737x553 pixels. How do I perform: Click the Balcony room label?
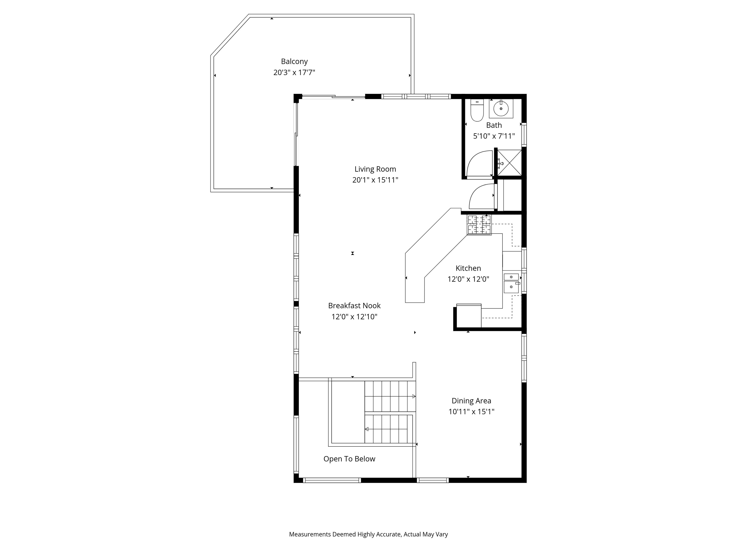pyautogui.click(x=294, y=61)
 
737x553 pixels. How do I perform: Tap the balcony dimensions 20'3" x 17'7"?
pyautogui.click(x=294, y=72)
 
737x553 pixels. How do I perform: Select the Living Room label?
pyautogui.click(x=375, y=169)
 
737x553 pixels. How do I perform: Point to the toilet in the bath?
pyautogui.click(x=477, y=111)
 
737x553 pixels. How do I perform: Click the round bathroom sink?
pyautogui.click(x=501, y=108)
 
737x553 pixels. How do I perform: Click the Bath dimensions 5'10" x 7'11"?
pyautogui.click(x=494, y=136)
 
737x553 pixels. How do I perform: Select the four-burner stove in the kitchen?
pyautogui.click(x=479, y=225)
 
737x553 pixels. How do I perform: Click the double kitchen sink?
pyautogui.click(x=511, y=283)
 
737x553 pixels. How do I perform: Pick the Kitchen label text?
pyautogui.click(x=468, y=268)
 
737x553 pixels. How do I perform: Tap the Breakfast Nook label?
pyautogui.click(x=354, y=305)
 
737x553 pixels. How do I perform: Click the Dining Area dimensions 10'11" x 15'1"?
pyautogui.click(x=471, y=411)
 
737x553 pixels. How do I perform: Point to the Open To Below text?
pyautogui.click(x=349, y=459)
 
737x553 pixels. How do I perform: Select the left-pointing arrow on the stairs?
pyautogui.click(x=367, y=429)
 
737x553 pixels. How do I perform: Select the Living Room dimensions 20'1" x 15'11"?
pyautogui.click(x=375, y=180)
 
